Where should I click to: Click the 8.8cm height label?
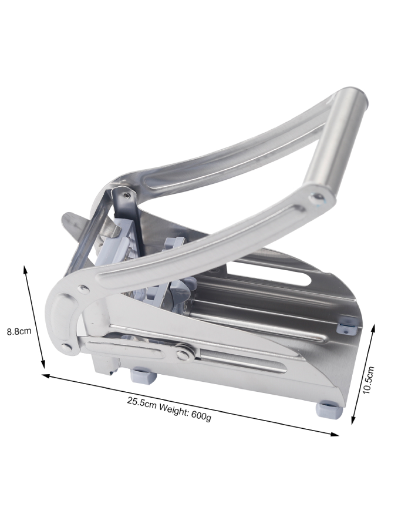[19, 331]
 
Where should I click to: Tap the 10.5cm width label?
[368, 379]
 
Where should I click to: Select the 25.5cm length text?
[141, 402]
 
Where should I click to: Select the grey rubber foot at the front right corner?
[329, 408]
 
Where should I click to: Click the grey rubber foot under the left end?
[143, 375]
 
